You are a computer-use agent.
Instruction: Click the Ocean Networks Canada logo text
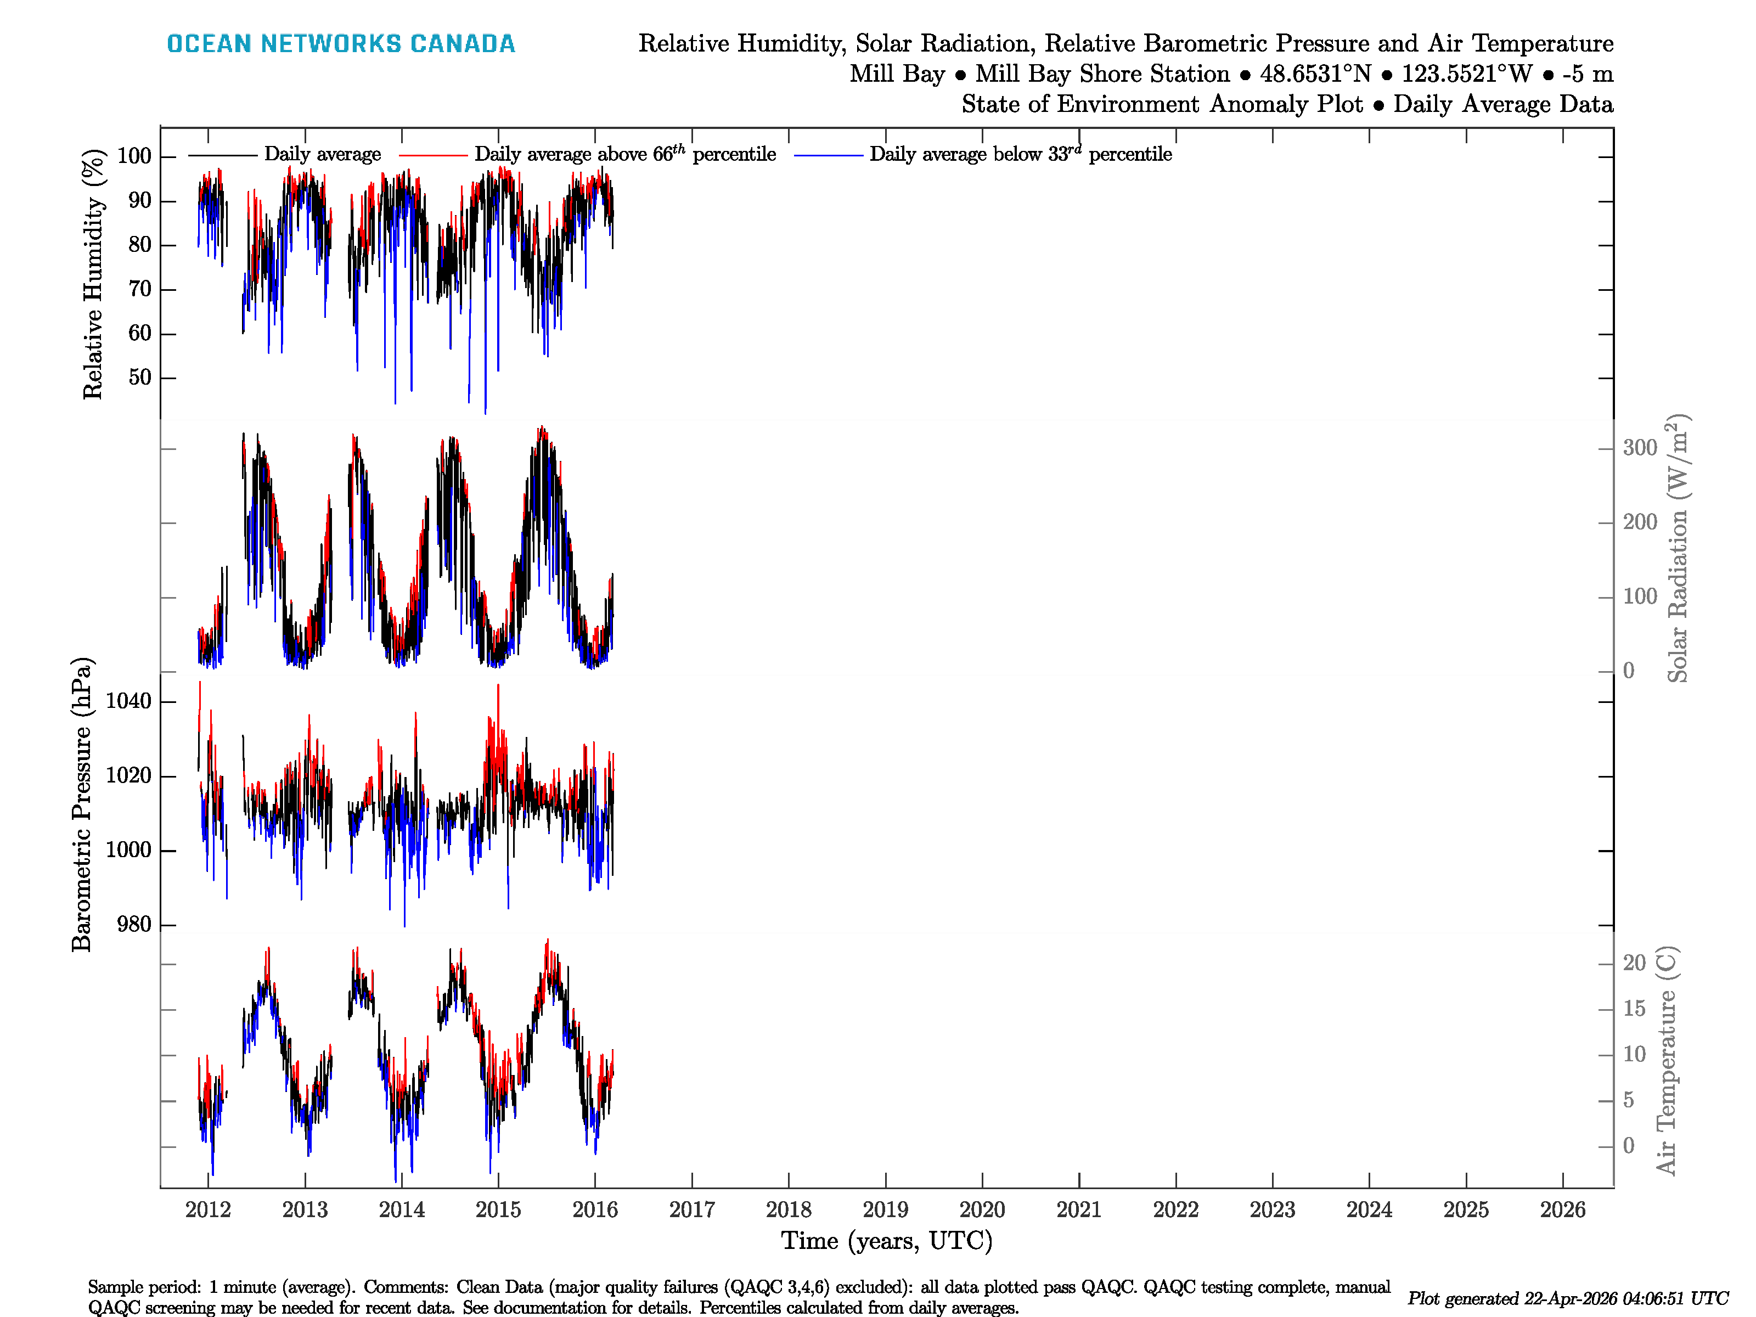pos(341,44)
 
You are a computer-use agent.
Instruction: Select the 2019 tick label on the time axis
pos(885,1210)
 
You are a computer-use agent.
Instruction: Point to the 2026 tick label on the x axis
pos(1562,1210)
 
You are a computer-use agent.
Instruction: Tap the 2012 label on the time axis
pos(208,1210)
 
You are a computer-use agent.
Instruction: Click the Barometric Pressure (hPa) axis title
pos(82,804)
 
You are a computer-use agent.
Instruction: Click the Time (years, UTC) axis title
pos(887,1241)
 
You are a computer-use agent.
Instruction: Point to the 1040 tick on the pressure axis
pos(128,701)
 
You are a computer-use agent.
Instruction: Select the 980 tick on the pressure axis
pos(133,925)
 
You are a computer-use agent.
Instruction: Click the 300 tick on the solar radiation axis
pos(1639,448)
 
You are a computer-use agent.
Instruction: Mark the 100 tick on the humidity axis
pos(133,156)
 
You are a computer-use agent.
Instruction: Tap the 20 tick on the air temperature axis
pos(1634,963)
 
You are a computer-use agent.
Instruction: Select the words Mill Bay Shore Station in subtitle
pos(1102,74)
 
